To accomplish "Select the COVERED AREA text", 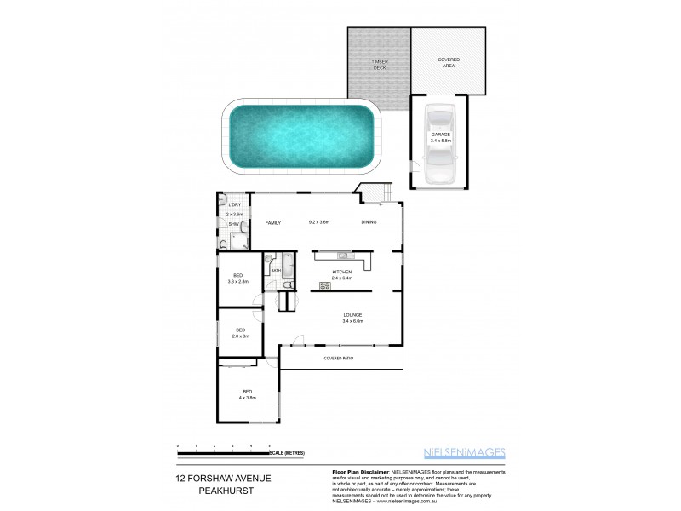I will click(x=449, y=62).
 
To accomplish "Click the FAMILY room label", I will click(x=273, y=223).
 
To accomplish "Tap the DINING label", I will click(x=369, y=222).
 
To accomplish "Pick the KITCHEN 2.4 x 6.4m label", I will click(x=341, y=275).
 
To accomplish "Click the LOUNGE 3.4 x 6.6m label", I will click(x=352, y=318).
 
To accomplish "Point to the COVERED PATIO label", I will click(x=338, y=358).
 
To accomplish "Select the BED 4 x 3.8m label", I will click(x=248, y=394).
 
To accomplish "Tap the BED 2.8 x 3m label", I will click(x=241, y=333).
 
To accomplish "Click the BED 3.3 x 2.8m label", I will click(x=239, y=278).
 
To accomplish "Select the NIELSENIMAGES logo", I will click(x=465, y=453).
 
